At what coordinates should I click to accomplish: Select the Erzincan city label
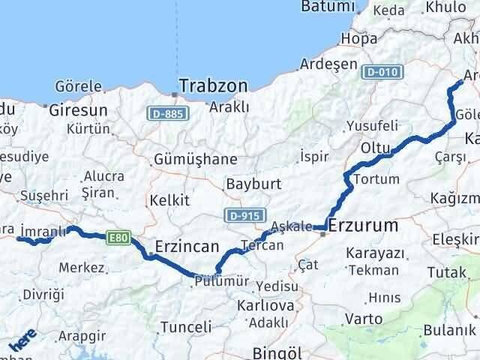pyautogui.click(x=187, y=247)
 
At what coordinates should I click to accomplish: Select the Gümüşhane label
pyautogui.click(x=195, y=159)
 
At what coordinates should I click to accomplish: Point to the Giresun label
pyautogui.click(x=78, y=110)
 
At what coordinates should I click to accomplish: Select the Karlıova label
pyautogui.click(x=264, y=306)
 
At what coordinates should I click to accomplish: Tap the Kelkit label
pyautogui.click(x=169, y=200)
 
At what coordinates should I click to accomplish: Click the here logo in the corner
pyautogui.click(x=22, y=341)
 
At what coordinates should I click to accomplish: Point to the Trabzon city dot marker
pyautogui.click(x=175, y=94)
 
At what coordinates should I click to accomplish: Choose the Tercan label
pyautogui.click(x=262, y=245)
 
